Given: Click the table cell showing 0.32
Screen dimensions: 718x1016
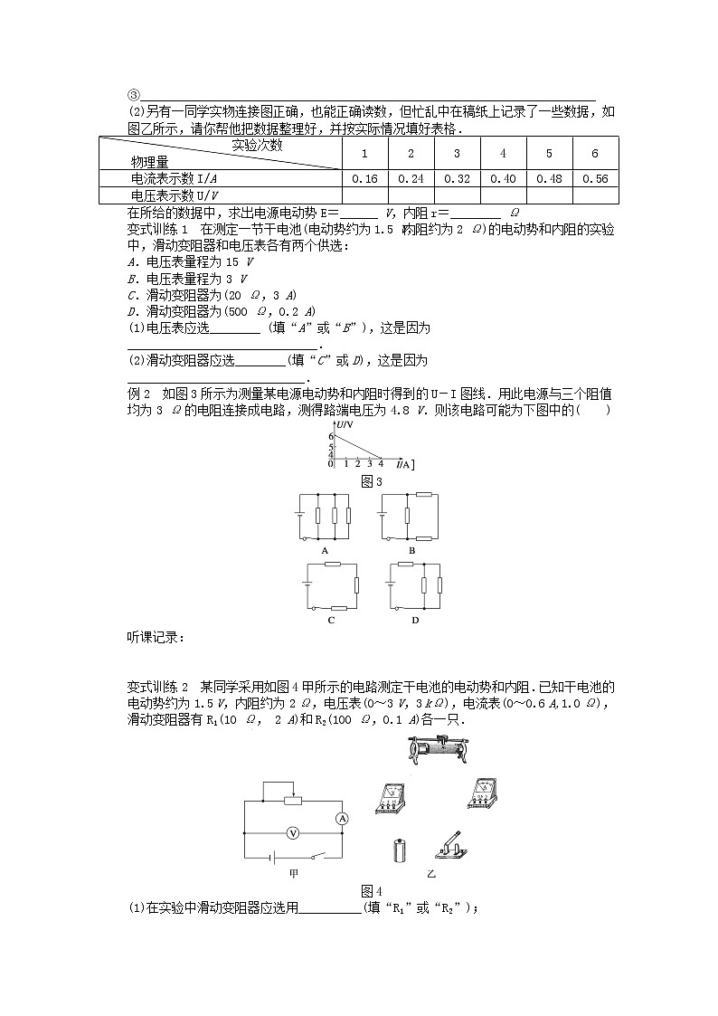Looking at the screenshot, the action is coord(457,178).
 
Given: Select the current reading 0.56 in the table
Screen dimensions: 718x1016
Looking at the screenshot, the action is coord(595,178).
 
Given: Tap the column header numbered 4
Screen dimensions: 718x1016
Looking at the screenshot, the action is coord(503,154).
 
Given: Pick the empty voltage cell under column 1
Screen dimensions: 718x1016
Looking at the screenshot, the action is coord(364,195).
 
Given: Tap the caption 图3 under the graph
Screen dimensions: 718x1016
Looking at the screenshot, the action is coord(372,482).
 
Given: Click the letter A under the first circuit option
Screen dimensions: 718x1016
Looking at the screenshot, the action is coord(323,550).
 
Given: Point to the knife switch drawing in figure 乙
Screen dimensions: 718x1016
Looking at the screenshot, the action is coord(451,847).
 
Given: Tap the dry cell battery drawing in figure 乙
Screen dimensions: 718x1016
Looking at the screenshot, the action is coord(400,852).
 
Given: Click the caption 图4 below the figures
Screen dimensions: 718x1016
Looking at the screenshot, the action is coord(372,890).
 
